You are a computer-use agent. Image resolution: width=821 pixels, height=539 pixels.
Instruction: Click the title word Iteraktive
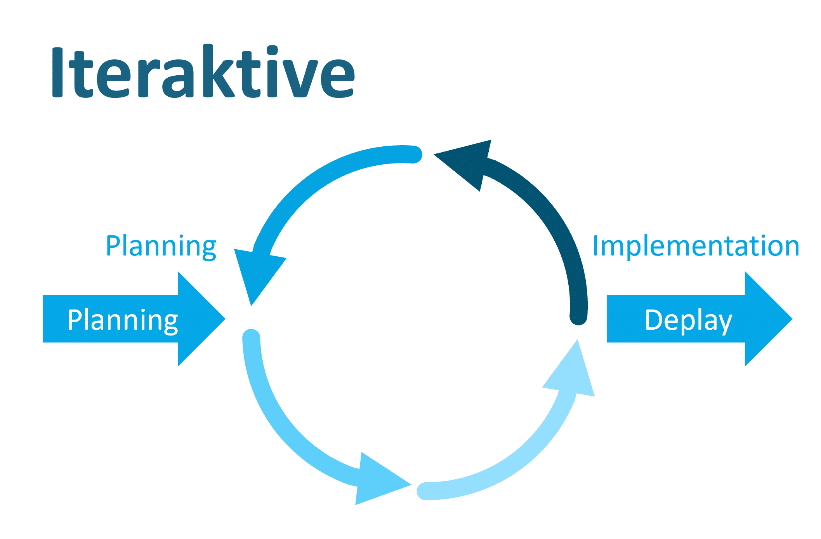click(203, 71)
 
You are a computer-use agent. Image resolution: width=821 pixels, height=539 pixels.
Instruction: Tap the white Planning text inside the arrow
click(123, 320)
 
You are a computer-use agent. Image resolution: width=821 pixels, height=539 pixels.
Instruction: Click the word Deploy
click(688, 320)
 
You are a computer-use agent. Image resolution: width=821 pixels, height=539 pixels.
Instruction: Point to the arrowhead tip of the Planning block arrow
click(225, 319)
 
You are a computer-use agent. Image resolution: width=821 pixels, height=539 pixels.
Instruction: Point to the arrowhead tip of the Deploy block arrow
click(792, 319)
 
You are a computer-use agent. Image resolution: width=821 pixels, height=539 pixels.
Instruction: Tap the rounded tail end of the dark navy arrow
click(578, 316)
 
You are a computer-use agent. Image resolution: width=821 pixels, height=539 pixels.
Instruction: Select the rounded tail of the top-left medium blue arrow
click(414, 155)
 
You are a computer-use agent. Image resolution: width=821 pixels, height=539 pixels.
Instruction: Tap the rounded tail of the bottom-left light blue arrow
click(251, 337)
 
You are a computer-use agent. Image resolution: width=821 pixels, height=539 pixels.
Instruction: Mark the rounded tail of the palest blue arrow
click(425, 491)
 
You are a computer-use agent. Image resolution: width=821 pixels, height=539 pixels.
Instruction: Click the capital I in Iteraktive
click(57, 72)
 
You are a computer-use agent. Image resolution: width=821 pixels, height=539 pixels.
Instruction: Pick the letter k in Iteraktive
click(218, 71)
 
